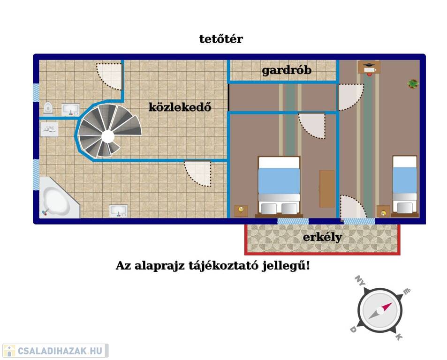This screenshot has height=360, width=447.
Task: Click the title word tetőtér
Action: click(x=221, y=39)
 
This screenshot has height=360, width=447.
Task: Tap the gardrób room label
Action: click(x=287, y=70)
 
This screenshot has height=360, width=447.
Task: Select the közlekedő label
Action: click(x=180, y=107)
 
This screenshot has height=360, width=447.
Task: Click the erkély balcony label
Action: click(x=322, y=237)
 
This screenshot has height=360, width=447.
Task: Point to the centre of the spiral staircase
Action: click(x=108, y=136)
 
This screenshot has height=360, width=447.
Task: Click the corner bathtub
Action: click(x=59, y=197)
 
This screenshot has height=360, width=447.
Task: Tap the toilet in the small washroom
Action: click(x=48, y=108)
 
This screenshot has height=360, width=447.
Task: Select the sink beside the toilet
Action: click(x=71, y=110)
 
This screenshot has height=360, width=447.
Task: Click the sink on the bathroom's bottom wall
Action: click(x=118, y=211)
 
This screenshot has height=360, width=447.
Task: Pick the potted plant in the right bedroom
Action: click(x=413, y=83)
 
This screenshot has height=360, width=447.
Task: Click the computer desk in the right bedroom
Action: click(x=369, y=68)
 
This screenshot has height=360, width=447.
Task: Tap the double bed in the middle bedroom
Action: click(x=279, y=186)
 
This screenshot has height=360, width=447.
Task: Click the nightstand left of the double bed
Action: click(x=241, y=211)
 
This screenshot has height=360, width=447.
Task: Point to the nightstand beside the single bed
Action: click(x=383, y=211)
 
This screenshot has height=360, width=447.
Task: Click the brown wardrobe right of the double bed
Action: click(x=327, y=188)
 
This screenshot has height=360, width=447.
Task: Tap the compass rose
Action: click(x=380, y=310)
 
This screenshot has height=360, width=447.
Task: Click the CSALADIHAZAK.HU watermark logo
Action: click(x=55, y=351)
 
